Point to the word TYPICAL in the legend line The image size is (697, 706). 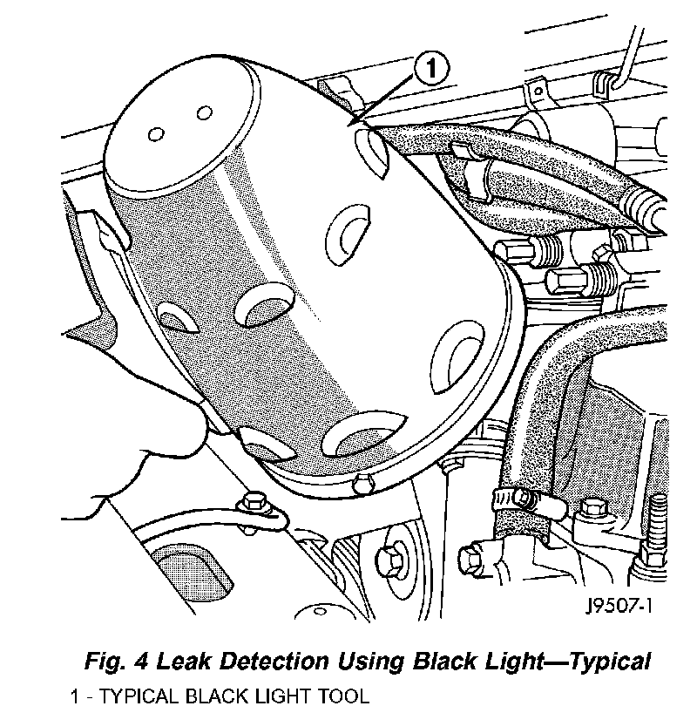pos(131,696)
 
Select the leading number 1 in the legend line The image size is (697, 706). pos(75,696)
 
